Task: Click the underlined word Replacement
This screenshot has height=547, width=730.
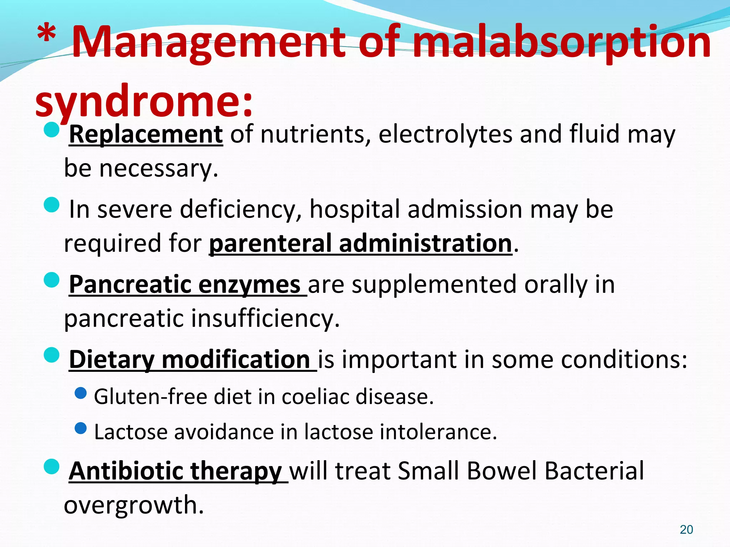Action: coord(146,135)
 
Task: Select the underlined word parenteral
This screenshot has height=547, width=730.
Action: coord(270,244)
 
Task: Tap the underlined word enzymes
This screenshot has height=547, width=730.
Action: coord(249,285)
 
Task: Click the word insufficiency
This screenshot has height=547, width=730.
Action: coord(265,318)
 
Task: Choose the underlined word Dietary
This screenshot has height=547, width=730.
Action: coord(112,360)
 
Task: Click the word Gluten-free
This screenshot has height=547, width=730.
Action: coord(150,397)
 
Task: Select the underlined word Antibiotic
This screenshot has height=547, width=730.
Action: coord(126,471)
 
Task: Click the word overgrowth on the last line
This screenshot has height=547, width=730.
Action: coord(134,505)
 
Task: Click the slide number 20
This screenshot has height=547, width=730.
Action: coord(686,530)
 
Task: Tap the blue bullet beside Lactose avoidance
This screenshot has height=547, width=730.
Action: coord(81,428)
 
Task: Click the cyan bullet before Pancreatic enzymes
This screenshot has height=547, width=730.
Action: coord(52,280)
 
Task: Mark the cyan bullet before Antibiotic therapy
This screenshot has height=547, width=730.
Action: coord(52,467)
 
